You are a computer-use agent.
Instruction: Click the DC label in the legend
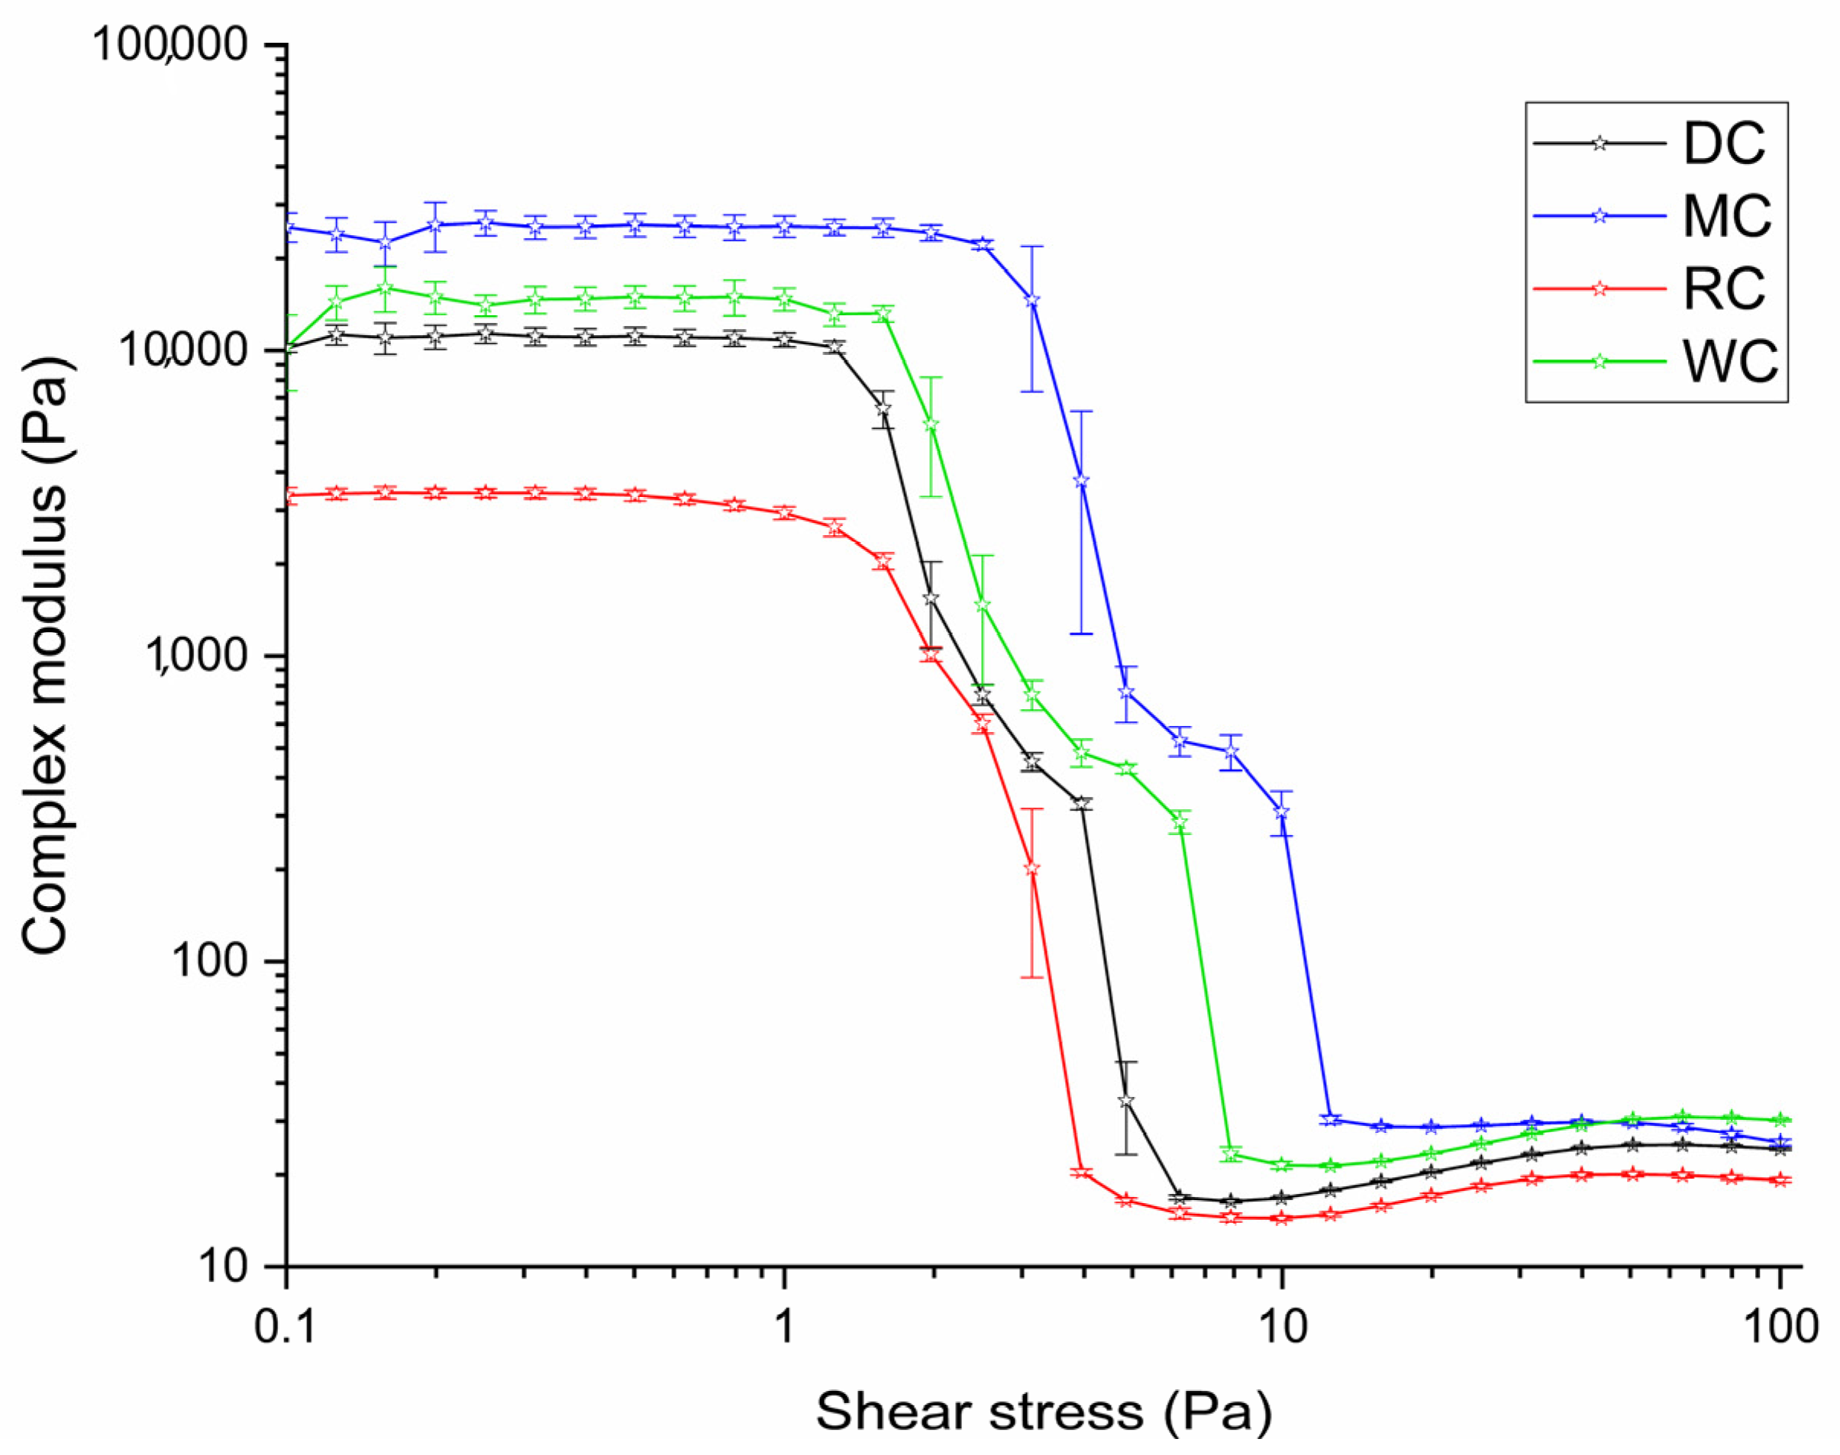(x=1724, y=143)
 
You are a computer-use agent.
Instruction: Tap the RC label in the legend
(x=1724, y=289)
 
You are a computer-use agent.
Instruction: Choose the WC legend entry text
(x=1730, y=361)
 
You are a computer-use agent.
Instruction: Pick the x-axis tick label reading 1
(x=783, y=1326)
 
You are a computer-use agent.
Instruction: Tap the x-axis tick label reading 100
(x=1779, y=1326)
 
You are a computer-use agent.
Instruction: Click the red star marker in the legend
(x=1599, y=289)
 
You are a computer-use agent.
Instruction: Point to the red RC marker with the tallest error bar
(x=1031, y=869)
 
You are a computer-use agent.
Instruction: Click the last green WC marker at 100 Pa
(x=1779, y=1120)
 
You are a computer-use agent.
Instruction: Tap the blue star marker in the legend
(x=1599, y=215)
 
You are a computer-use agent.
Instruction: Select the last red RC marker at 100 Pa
(x=1779, y=1180)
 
